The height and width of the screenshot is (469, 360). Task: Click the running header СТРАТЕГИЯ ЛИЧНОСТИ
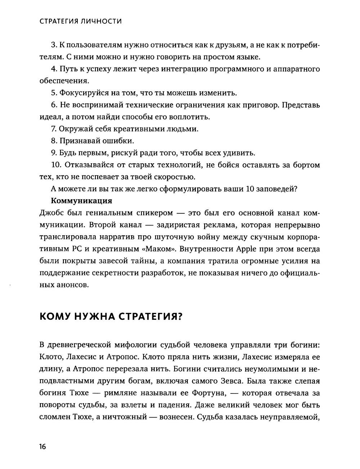[80, 22]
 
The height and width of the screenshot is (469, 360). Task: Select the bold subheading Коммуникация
[81, 201]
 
